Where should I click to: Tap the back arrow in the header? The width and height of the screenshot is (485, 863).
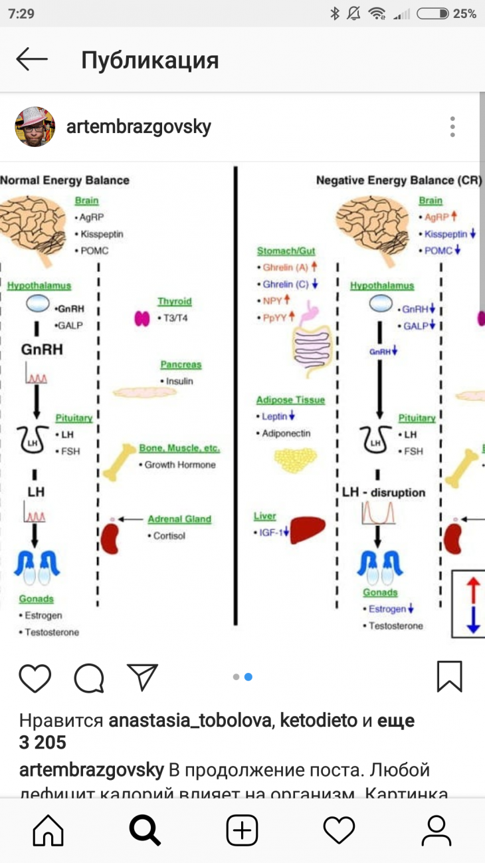point(32,60)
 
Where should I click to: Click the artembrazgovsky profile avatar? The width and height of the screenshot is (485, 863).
point(35,126)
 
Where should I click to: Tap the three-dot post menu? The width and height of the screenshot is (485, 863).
point(452,126)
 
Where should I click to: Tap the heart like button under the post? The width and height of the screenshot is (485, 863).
point(35,678)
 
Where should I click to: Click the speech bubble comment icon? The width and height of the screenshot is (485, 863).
point(89,678)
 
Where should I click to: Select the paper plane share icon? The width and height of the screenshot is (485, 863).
point(142,677)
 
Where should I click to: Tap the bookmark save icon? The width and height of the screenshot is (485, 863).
point(450,676)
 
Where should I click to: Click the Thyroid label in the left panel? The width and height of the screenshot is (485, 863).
point(174,302)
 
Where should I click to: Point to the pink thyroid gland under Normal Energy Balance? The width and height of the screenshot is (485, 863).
point(142,318)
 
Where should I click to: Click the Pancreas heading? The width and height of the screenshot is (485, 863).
point(181,365)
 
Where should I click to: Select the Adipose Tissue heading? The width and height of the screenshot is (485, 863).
point(290,400)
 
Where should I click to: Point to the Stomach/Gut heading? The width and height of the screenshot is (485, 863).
point(286,251)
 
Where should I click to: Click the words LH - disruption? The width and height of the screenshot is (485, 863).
point(383,493)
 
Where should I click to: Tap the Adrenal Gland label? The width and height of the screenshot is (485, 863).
point(179,519)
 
